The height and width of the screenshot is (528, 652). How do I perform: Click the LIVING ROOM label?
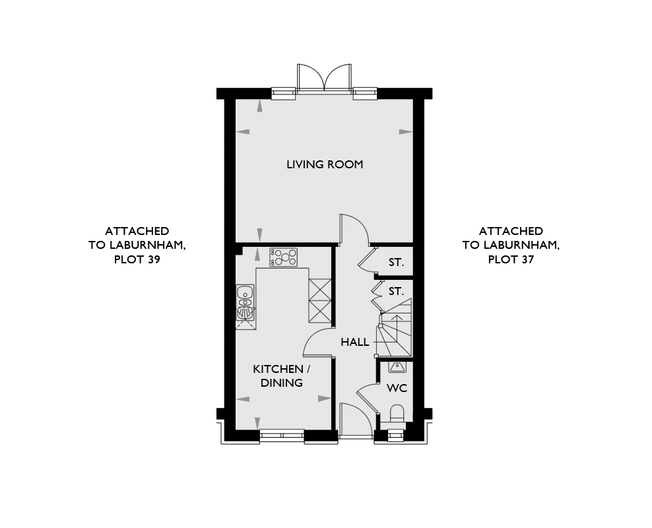point(325,164)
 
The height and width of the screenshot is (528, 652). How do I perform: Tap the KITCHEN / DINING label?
point(282,376)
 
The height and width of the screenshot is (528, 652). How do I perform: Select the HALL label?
point(354,342)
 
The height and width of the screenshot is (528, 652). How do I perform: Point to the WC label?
point(397,388)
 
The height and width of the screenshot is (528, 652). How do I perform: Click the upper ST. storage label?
point(396,262)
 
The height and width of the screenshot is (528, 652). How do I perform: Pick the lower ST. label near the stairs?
point(396,292)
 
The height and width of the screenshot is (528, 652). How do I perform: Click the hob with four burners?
point(284,257)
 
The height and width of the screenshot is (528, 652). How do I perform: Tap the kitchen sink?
point(245,302)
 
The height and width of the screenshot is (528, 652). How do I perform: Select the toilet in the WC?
point(397,414)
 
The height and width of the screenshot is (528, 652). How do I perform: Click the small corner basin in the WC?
point(396,367)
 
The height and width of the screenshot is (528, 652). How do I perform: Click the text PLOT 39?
point(137,259)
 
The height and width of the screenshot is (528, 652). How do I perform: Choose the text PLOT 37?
point(511,259)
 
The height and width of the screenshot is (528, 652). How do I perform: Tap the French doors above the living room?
point(324,77)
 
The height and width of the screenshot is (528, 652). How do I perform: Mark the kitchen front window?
point(282,436)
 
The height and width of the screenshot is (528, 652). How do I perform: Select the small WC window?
point(395,436)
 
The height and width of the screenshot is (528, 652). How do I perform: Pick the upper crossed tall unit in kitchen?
point(320,290)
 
